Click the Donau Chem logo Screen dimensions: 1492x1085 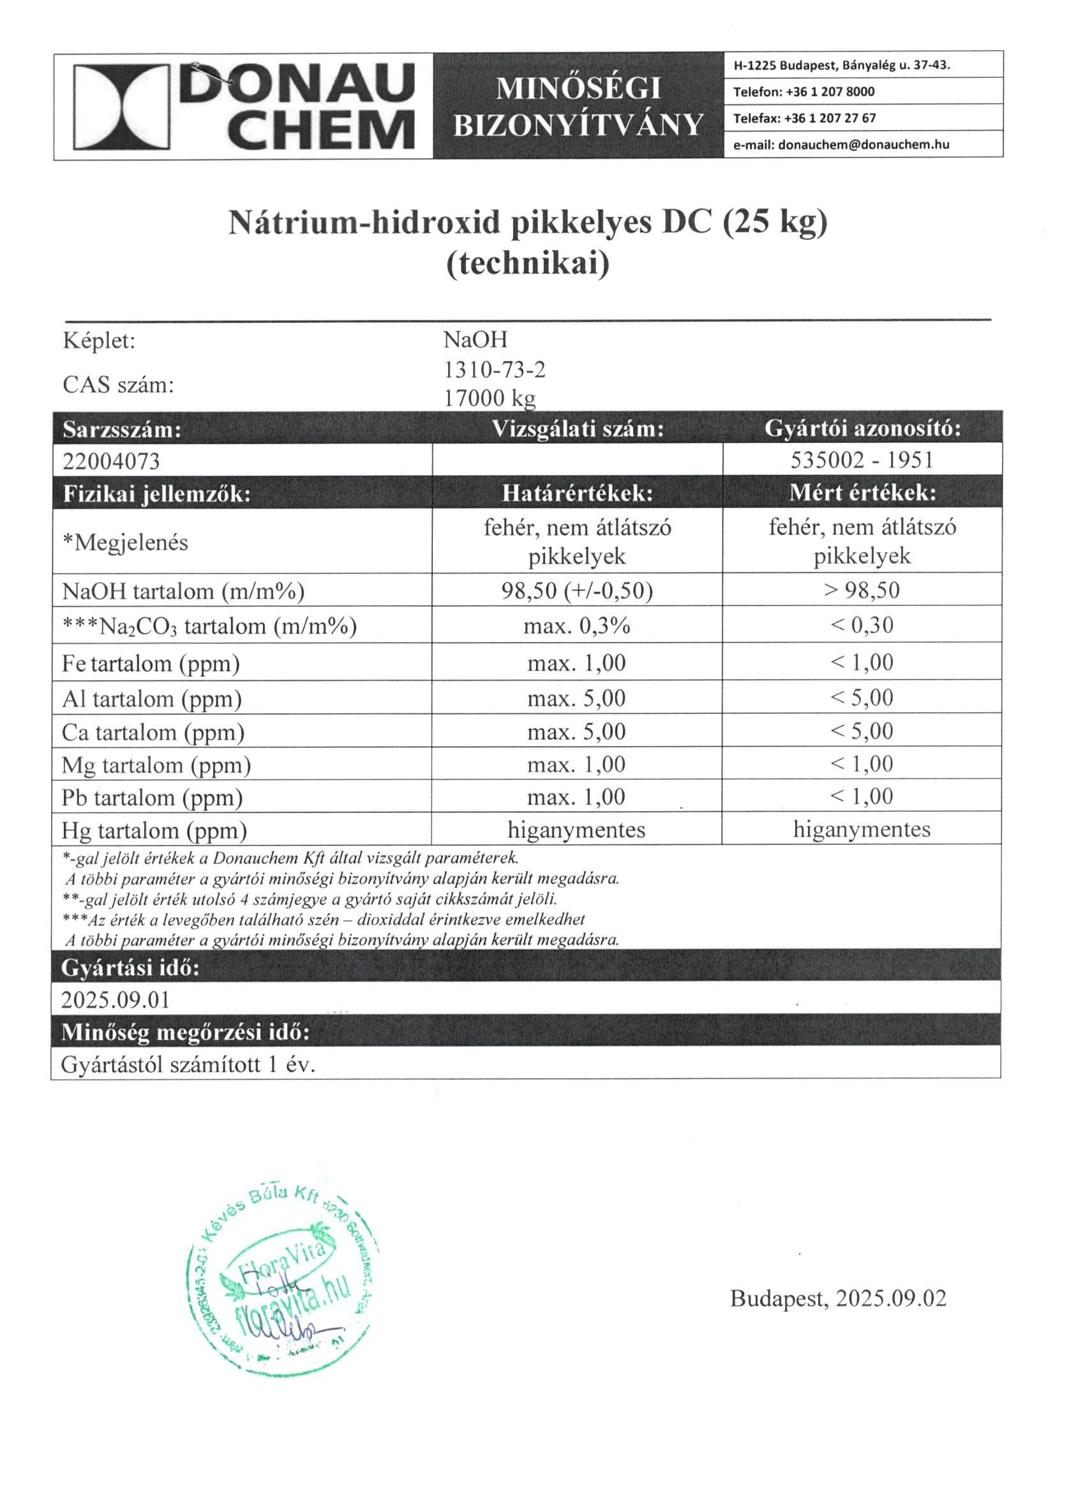[x=243, y=106]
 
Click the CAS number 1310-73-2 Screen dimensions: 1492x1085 [x=494, y=371]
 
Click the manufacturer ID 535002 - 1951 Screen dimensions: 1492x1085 [x=862, y=460]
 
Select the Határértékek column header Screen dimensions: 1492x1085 [x=577, y=493]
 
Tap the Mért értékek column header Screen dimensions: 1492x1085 [x=862, y=493]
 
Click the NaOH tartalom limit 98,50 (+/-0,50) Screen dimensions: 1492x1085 [x=577, y=591]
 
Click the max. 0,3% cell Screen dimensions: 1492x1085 [x=576, y=625]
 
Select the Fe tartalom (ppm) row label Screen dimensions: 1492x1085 [x=151, y=664]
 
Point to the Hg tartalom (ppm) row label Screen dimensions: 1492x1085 [x=154, y=831]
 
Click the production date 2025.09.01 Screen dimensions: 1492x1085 [x=115, y=1001]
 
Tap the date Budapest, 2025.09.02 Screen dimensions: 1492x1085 [x=837, y=1298]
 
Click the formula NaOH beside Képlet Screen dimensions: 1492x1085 [x=475, y=340]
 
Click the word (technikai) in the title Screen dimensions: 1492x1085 [x=528, y=263]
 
